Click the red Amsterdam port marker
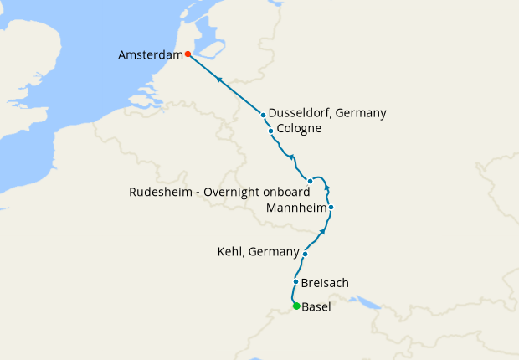tap(188, 54)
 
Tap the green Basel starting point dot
tap(296, 306)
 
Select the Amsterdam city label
tap(151, 54)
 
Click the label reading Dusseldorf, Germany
tap(327, 114)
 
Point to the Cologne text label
tap(299, 130)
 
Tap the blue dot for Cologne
tap(270, 131)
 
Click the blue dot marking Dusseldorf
tap(263, 115)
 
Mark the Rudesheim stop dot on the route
tap(310, 181)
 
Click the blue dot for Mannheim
tap(331, 207)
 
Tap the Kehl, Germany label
tap(258, 252)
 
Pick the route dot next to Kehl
tap(306, 254)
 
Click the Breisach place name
tap(325, 283)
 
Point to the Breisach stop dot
tap(296, 282)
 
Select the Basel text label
tap(316, 307)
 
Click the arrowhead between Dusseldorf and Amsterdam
tap(218, 80)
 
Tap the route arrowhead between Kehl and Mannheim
tap(322, 231)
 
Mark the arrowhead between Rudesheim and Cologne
tap(291, 157)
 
